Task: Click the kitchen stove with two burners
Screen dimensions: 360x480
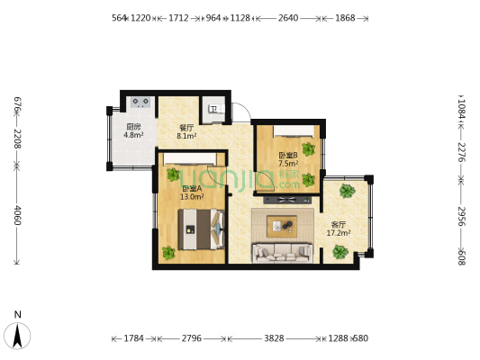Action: (x=140, y=102)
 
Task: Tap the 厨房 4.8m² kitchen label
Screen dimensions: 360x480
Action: (x=133, y=130)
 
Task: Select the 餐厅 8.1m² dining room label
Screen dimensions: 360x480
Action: (x=186, y=132)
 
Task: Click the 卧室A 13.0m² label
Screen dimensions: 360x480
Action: (x=191, y=192)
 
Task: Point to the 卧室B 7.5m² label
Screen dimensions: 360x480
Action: (x=287, y=159)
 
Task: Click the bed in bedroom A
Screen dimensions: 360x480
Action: (x=199, y=229)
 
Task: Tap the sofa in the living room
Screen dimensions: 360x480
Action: (x=281, y=253)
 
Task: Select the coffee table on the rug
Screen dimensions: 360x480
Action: (x=283, y=225)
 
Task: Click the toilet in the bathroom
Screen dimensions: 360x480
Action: (x=213, y=109)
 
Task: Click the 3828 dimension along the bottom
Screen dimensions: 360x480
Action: (x=274, y=338)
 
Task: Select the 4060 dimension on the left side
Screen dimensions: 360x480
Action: (x=16, y=216)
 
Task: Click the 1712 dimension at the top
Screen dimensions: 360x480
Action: (x=178, y=17)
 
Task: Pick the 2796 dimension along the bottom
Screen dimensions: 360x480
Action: (x=192, y=338)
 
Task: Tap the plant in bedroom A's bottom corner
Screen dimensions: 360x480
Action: (x=168, y=252)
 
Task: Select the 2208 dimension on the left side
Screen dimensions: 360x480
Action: (x=16, y=138)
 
